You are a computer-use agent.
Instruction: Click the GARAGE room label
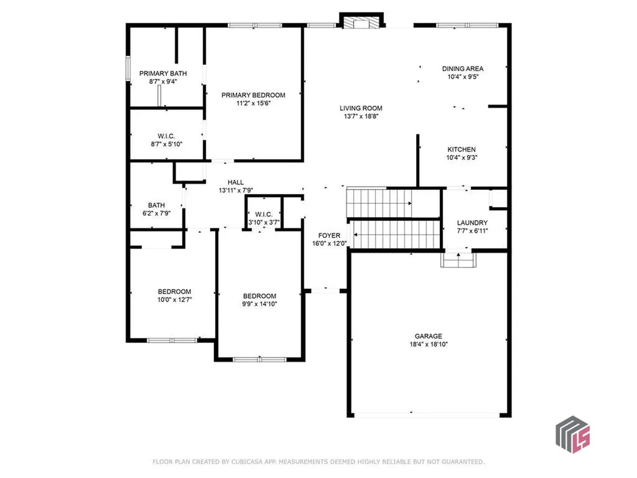(429, 335)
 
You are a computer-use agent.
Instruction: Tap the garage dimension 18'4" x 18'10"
(429, 344)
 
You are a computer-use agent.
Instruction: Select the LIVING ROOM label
(361, 108)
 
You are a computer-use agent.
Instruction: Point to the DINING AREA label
(462, 68)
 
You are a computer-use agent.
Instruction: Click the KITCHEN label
(462, 149)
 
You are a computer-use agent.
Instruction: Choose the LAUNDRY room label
(472, 223)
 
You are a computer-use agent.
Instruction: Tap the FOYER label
(329, 235)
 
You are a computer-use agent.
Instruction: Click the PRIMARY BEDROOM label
(253, 95)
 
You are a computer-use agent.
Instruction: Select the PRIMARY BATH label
(163, 73)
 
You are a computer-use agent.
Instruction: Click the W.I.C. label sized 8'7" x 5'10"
(165, 136)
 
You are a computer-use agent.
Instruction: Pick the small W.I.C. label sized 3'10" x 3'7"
(264, 214)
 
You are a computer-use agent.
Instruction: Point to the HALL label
(235, 182)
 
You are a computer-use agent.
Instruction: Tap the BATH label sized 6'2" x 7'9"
(156, 205)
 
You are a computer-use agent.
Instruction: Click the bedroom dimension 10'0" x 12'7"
(174, 300)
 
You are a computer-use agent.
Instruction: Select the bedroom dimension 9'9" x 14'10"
(259, 304)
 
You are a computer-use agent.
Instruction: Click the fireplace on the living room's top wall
(360, 22)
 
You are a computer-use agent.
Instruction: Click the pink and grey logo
(572, 433)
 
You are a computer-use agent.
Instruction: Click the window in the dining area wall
(467, 26)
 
